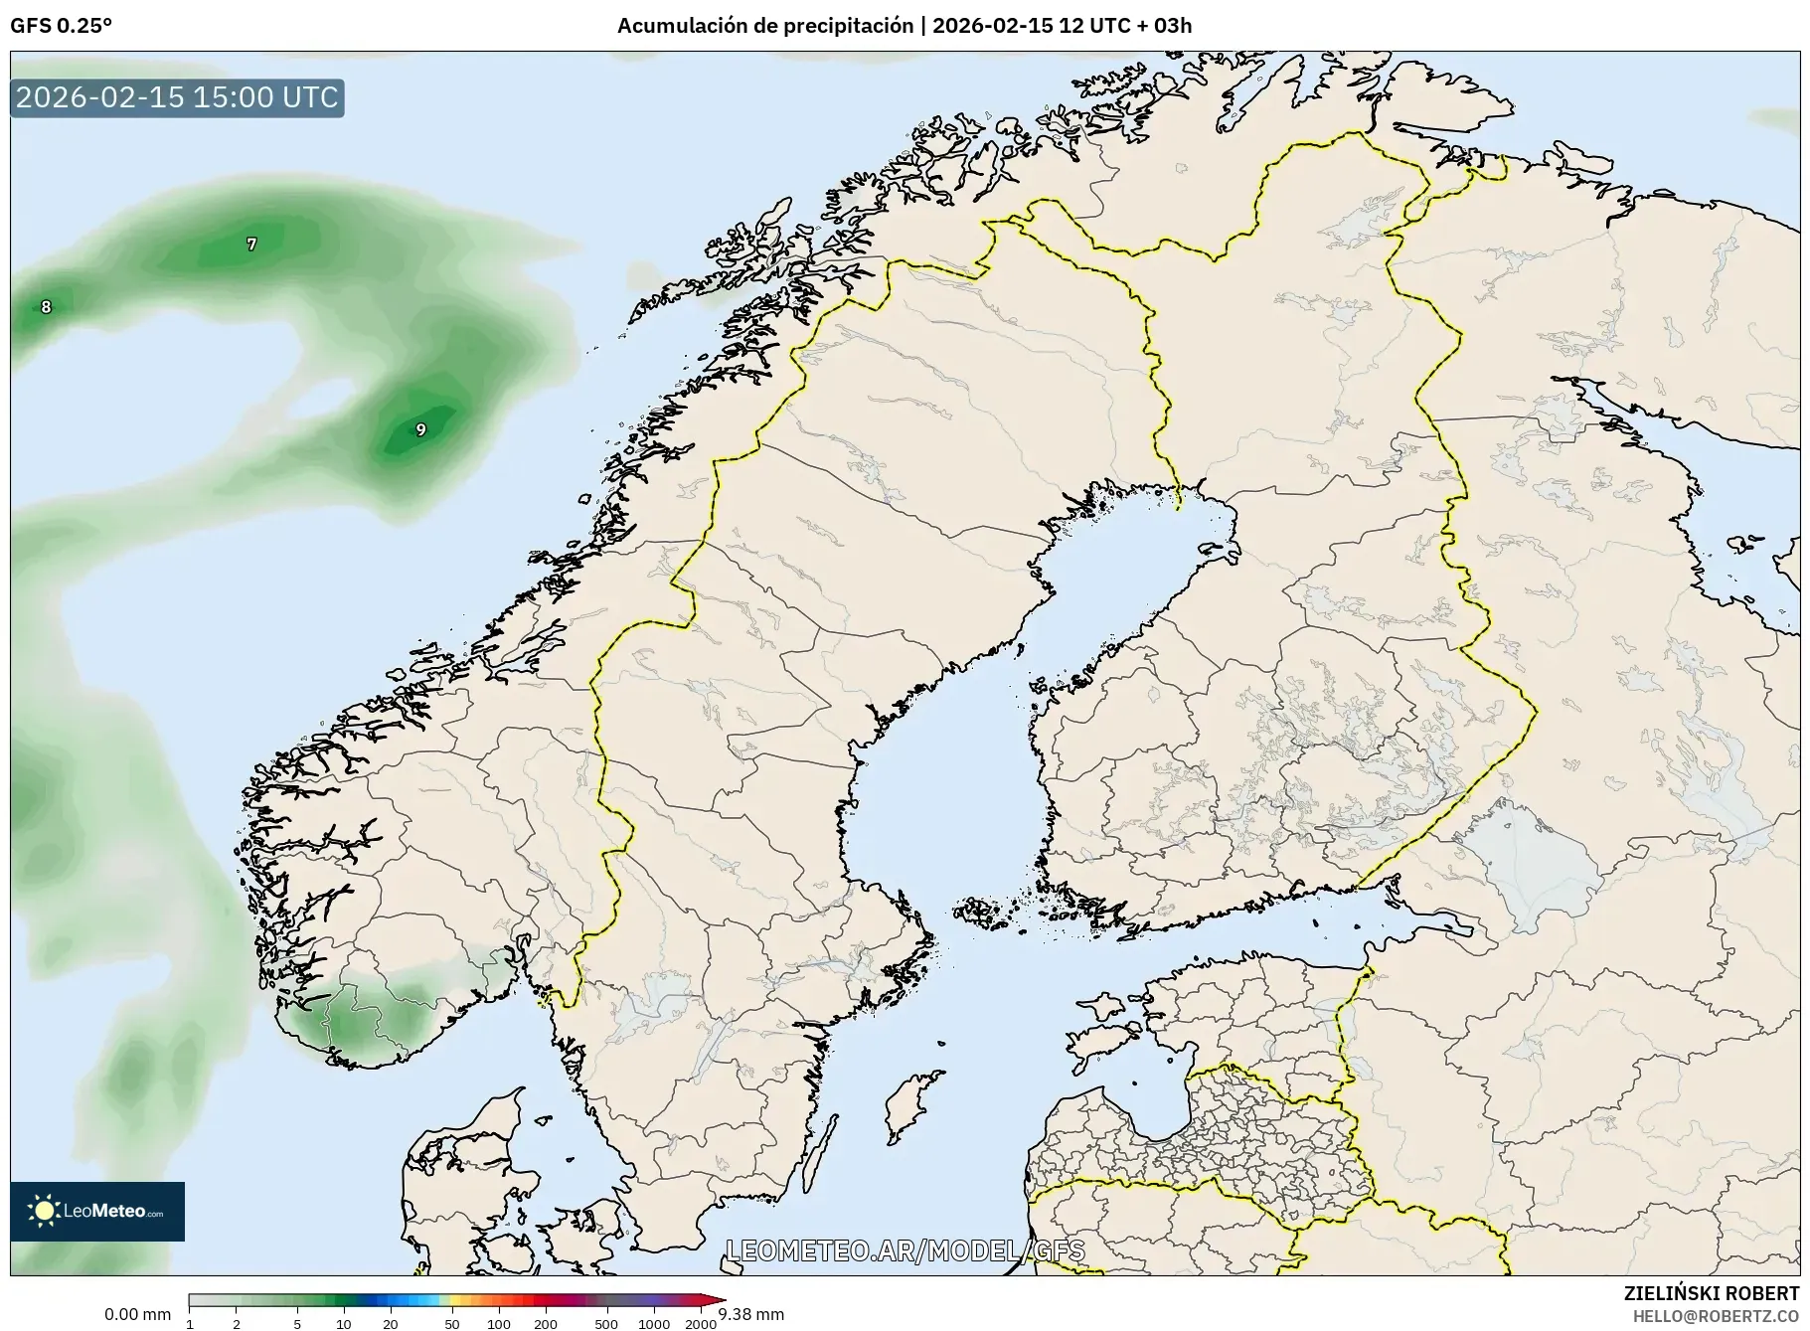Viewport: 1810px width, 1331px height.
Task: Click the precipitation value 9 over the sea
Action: [x=420, y=429]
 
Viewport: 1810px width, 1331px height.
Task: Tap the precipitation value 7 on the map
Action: [x=251, y=244]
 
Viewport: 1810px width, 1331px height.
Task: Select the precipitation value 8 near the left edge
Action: [x=46, y=307]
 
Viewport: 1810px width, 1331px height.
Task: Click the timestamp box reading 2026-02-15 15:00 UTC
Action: [x=177, y=97]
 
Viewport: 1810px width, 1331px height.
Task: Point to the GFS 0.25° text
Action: [x=61, y=26]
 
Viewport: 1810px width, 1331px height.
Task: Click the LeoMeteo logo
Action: [x=97, y=1211]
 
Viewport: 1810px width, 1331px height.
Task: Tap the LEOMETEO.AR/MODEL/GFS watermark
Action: [x=905, y=1250]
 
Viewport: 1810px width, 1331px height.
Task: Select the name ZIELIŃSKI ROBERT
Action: [x=1711, y=1293]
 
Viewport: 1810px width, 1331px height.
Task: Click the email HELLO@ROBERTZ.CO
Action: [x=1715, y=1315]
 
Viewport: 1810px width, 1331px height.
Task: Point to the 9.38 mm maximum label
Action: [x=751, y=1314]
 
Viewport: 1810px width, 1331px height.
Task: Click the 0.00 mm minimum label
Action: [x=137, y=1314]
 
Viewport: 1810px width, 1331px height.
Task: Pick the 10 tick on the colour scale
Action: [x=343, y=1323]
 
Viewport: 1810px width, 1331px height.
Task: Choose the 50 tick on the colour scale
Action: [x=451, y=1323]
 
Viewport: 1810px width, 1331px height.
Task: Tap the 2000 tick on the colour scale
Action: [x=701, y=1323]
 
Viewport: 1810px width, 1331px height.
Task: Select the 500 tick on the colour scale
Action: [x=605, y=1323]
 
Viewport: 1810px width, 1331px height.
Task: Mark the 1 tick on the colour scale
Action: [x=190, y=1323]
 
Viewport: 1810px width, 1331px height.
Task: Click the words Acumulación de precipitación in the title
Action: [x=764, y=26]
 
